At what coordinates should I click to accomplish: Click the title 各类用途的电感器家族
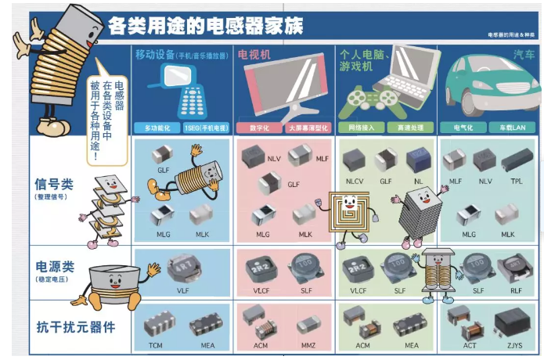point(205,25)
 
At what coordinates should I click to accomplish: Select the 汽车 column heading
point(524,54)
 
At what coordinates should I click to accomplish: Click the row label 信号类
point(54,185)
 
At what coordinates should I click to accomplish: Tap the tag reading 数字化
point(259,128)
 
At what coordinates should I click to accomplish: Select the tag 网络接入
point(361,128)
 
